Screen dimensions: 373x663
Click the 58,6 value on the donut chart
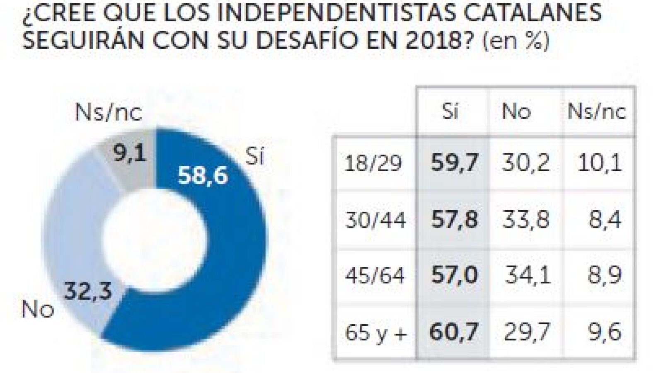(x=203, y=175)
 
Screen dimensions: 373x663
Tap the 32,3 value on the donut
(x=88, y=291)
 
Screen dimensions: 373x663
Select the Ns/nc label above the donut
(x=109, y=112)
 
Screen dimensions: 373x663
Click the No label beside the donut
(x=38, y=309)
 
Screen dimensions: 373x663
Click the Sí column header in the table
(x=450, y=111)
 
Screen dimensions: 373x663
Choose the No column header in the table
(x=516, y=111)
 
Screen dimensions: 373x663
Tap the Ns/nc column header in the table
(x=596, y=111)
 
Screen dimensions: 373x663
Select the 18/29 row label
(x=373, y=164)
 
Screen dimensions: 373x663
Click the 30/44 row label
(x=375, y=220)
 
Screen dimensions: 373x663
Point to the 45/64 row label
(x=375, y=275)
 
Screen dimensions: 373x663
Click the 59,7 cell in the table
(x=454, y=163)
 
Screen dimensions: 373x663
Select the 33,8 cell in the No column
(x=526, y=219)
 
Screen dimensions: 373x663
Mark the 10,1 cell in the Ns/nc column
(x=599, y=163)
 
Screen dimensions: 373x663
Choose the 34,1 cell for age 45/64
(x=527, y=275)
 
